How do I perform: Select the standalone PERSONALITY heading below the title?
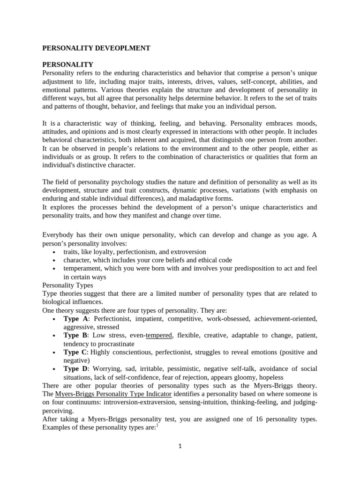click(x=67, y=64)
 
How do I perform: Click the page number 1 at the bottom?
click(x=180, y=446)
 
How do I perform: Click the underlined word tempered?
click(x=159, y=335)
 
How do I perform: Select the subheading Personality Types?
click(x=67, y=285)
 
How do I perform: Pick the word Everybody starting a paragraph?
click(x=59, y=235)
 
